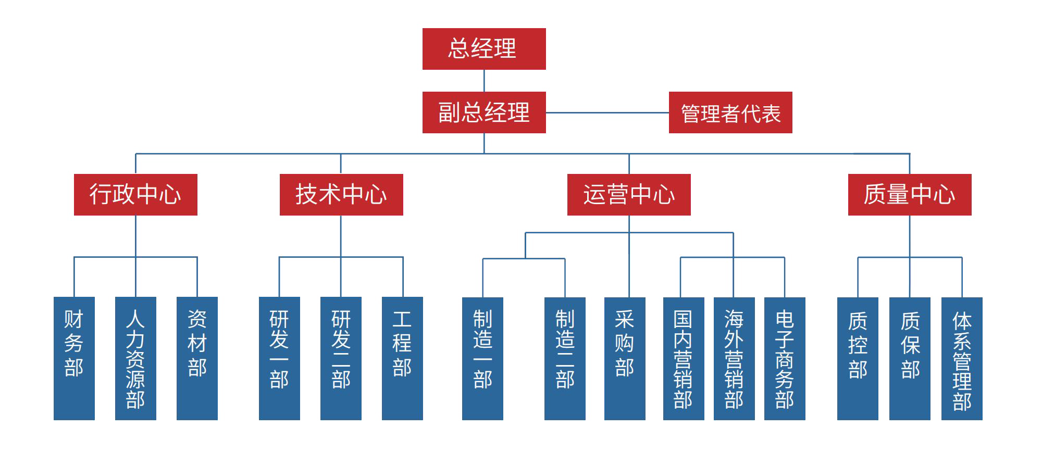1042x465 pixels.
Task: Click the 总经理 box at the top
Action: (484, 49)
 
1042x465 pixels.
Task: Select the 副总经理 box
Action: (484, 112)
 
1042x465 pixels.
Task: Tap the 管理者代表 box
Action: (730, 112)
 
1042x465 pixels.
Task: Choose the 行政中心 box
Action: (135, 195)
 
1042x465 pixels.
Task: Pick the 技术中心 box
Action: (341, 195)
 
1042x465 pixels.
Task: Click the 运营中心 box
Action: (629, 195)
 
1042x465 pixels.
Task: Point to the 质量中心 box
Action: (910, 195)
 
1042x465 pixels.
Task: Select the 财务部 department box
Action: (74, 358)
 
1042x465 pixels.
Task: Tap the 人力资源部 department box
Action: (135, 358)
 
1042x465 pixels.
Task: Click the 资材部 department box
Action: (197, 358)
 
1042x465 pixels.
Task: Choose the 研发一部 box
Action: (279, 358)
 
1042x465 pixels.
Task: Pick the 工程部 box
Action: (402, 358)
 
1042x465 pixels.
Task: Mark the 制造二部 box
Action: (565, 358)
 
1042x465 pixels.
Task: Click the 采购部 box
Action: (625, 358)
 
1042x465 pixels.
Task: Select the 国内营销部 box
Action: (684, 358)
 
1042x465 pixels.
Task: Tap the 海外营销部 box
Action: (734, 358)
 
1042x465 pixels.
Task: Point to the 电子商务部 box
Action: (785, 358)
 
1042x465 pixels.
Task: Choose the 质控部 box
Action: (858, 358)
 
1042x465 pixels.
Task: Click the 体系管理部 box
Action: (962, 358)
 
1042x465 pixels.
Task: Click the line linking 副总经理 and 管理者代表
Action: (607, 112)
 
